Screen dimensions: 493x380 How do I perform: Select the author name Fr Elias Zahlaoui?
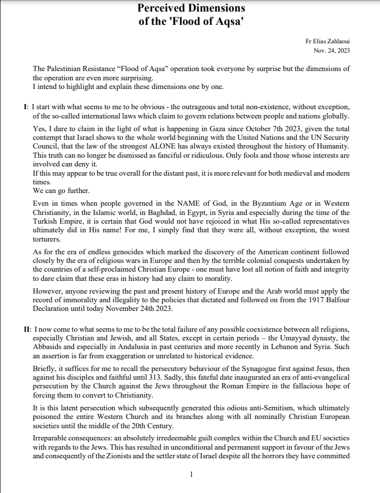[328, 42]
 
